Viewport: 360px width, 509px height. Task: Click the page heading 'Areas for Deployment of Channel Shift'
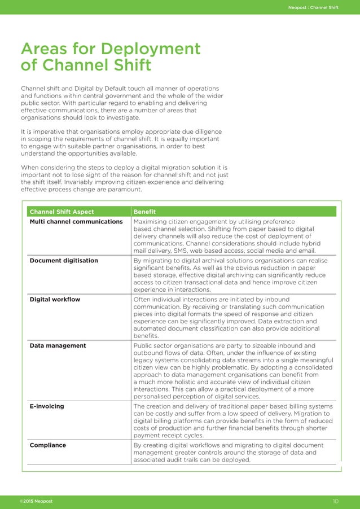(x=111, y=57)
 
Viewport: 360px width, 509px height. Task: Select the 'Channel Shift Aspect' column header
(x=62, y=212)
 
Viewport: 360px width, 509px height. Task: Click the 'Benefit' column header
(x=144, y=212)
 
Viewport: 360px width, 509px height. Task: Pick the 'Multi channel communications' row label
(x=76, y=222)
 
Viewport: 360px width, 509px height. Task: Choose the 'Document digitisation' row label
(x=64, y=261)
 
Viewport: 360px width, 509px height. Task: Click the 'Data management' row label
(x=58, y=345)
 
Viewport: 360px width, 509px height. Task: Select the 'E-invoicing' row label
(x=47, y=406)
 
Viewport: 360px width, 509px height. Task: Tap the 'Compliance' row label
(x=48, y=445)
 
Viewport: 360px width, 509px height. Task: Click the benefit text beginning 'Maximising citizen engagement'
(x=231, y=236)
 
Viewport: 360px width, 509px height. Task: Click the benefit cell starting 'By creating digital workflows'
(x=231, y=453)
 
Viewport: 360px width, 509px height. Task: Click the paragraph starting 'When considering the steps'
(x=124, y=178)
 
